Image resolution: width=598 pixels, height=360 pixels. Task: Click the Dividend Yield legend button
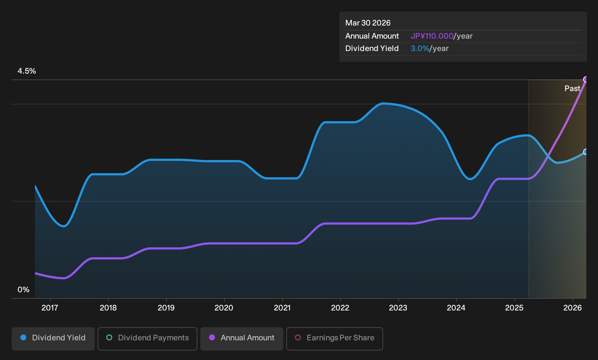(x=53, y=339)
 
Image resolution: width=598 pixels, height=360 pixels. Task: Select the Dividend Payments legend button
(x=147, y=339)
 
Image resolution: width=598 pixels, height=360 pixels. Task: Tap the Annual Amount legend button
(x=241, y=339)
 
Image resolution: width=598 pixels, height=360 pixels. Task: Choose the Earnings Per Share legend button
(x=334, y=339)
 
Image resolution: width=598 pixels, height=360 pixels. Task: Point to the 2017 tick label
(x=50, y=308)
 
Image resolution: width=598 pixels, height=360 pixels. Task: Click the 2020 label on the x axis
(x=224, y=308)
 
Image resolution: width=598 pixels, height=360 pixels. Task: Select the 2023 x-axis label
(x=398, y=308)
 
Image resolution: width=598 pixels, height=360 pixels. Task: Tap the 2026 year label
(x=573, y=308)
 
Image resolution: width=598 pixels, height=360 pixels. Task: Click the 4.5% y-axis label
(x=27, y=71)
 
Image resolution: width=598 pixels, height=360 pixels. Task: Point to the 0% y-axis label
(x=24, y=290)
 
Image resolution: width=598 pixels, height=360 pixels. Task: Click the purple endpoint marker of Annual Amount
(x=586, y=79)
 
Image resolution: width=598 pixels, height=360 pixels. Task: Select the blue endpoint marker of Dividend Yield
(x=586, y=152)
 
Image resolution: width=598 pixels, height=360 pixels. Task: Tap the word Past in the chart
(x=573, y=89)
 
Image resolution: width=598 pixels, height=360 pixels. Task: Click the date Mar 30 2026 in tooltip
(x=368, y=23)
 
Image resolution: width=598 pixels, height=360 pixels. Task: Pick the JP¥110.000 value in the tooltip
(x=432, y=36)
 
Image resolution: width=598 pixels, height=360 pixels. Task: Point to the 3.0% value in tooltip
(x=420, y=48)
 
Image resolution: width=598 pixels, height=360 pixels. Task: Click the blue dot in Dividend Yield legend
(x=24, y=337)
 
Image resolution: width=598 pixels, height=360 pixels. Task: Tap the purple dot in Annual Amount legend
(x=212, y=337)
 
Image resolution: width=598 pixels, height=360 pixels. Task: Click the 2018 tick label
(x=108, y=308)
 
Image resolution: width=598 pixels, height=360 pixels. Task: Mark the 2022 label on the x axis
(x=340, y=308)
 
